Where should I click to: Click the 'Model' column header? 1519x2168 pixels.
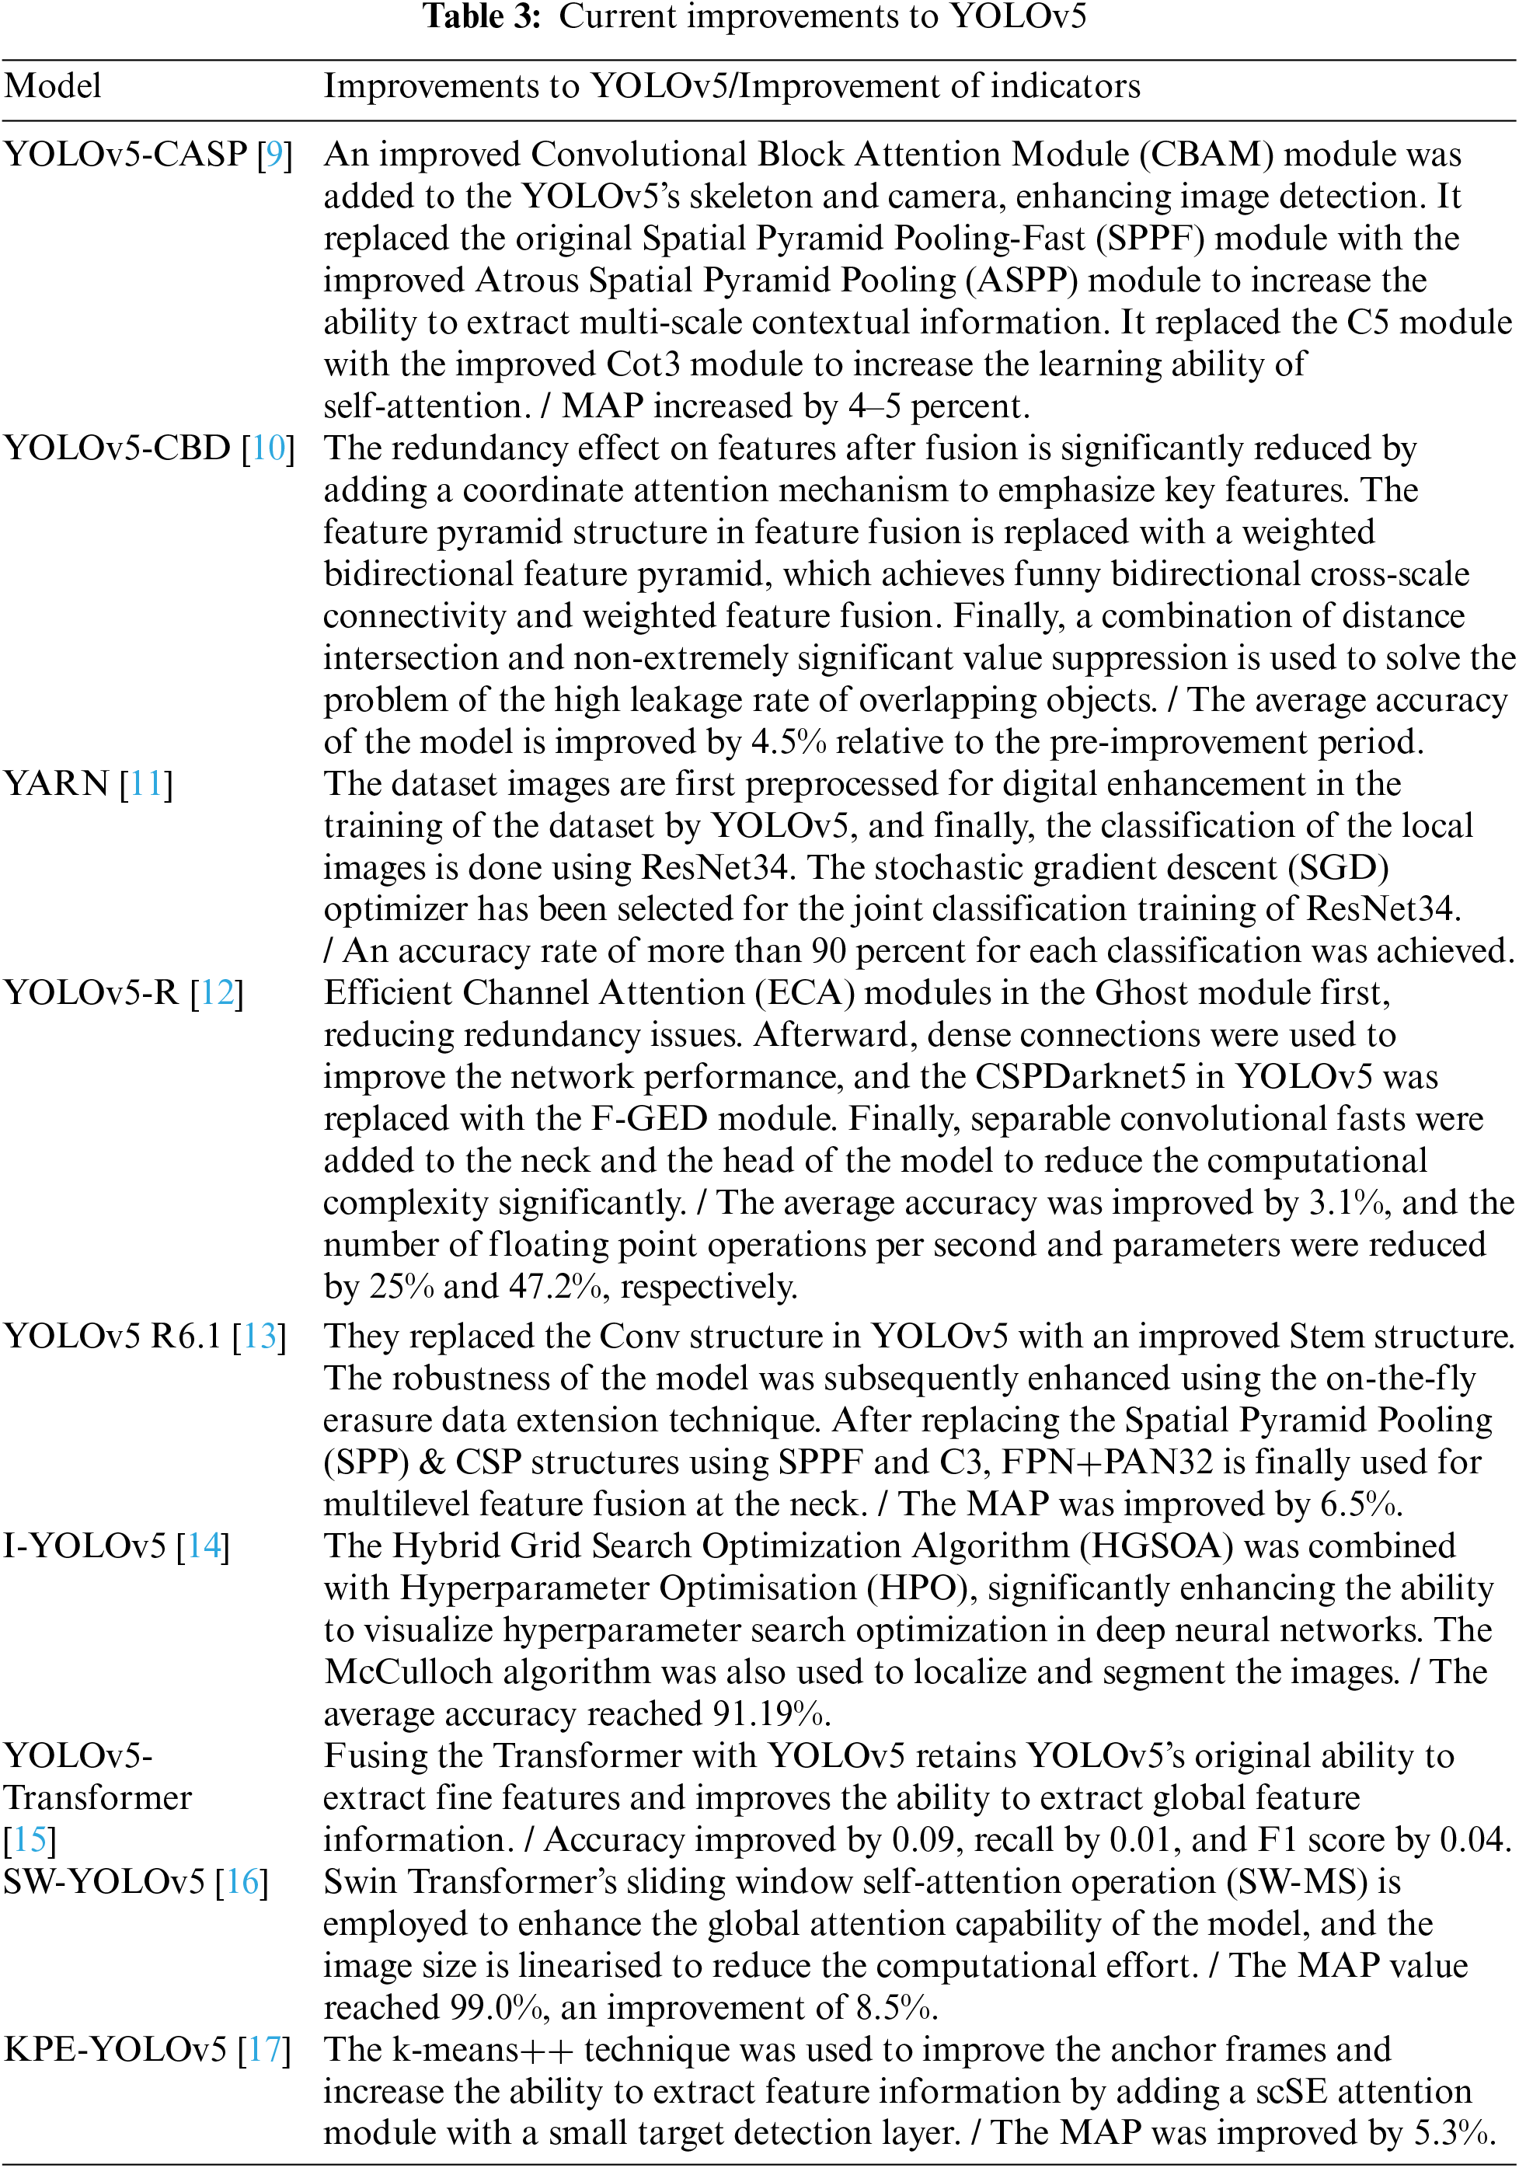tap(53, 86)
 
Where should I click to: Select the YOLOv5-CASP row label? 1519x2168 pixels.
tap(126, 154)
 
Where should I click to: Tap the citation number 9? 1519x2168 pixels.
tap(273, 154)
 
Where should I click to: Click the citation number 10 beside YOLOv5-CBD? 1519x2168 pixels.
tap(268, 448)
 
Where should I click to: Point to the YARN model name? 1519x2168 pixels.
tap(57, 784)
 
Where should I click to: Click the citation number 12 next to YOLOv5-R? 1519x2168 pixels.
tap(217, 992)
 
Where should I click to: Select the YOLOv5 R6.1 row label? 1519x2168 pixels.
tap(113, 1336)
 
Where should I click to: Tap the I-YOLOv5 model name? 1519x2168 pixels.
tap(85, 1546)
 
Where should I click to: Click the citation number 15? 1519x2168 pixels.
tap(30, 1839)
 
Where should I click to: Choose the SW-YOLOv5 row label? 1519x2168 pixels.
tap(104, 1882)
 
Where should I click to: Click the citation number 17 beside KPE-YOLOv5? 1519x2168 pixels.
tap(264, 2049)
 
